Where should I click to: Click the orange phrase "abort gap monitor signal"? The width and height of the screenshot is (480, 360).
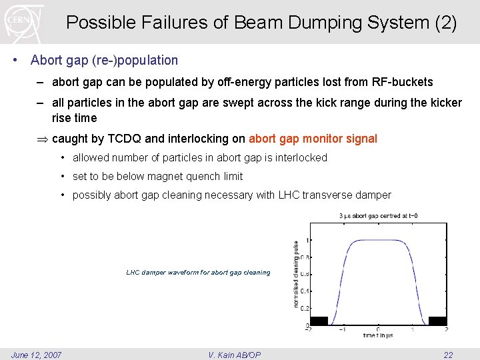pos(313,139)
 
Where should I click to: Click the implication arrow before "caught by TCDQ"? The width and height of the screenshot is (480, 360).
pos(43,139)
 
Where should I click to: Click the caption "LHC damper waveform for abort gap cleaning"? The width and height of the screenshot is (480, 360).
pos(198,272)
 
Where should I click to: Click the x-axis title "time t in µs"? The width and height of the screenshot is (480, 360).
pos(377,335)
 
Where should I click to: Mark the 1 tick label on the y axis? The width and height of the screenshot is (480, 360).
pos(306,240)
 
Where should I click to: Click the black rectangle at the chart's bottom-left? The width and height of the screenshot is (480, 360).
pos(319,321)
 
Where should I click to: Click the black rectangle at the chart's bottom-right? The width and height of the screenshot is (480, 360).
pos(437,321)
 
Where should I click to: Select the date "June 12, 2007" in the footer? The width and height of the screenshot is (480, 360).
pos(37,355)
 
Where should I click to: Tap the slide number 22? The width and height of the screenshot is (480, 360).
pos(448,355)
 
